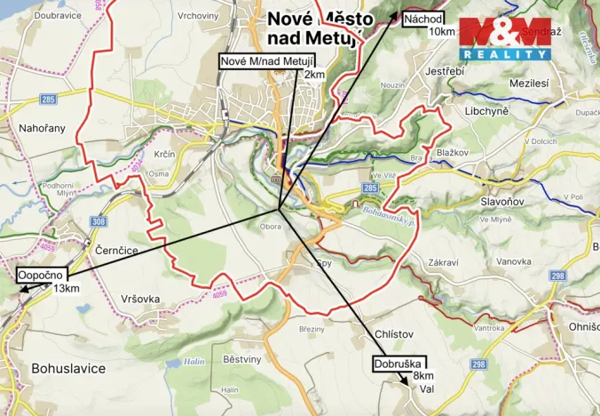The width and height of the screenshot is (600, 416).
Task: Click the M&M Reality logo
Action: [x=504, y=38]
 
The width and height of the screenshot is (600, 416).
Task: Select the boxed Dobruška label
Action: [x=399, y=363]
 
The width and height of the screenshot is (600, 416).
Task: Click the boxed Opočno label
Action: [x=36, y=276]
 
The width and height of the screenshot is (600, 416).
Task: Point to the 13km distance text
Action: [x=66, y=288]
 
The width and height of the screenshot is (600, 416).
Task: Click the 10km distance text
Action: [x=442, y=32]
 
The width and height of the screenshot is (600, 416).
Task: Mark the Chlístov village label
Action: [x=395, y=333]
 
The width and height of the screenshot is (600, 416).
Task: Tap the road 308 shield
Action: [x=99, y=222]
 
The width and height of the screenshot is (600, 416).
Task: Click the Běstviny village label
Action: [x=242, y=358]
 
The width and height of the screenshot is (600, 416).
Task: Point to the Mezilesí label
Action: [x=529, y=83]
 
